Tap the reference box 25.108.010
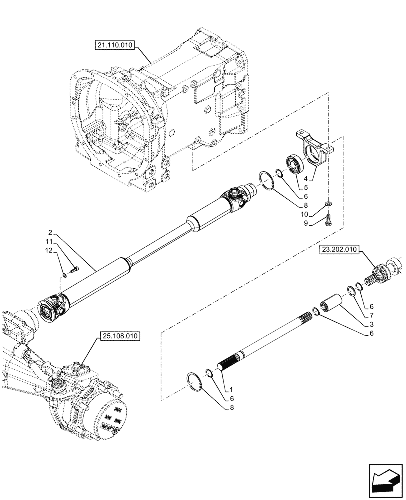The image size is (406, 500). point(119,335)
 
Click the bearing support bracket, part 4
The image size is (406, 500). point(312,150)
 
